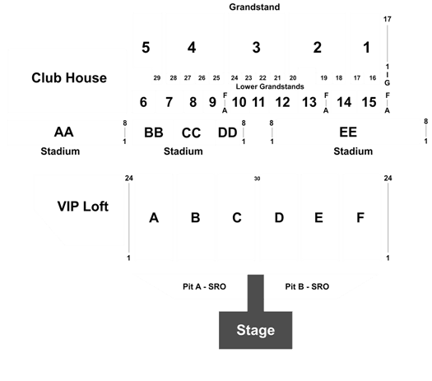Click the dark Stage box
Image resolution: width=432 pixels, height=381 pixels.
tap(255, 330)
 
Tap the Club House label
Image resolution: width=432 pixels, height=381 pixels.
tap(69, 78)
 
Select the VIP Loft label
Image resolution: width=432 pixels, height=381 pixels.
tap(83, 207)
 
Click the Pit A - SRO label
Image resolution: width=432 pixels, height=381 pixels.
tap(204, 286)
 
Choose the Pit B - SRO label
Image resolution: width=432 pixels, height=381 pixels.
tap(307, 286)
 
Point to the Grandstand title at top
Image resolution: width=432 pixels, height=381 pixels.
tap(254, 7)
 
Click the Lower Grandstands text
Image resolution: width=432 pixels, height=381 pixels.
tap(270, 86)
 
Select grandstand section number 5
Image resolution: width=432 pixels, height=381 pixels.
tap(146, 48)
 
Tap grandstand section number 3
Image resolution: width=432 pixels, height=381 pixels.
tap(256, 48)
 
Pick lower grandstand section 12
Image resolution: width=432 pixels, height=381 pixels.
tap(283, 102)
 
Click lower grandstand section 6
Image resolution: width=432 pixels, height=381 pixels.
tap(143, 102)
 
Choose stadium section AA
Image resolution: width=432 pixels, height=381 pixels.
tap(63, 132)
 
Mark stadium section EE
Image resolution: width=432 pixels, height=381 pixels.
tap(348, 132)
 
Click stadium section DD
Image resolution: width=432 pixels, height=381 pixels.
tap(227, 132)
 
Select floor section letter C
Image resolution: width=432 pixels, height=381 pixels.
tap(237, 218)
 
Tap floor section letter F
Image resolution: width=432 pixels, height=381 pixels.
tap(360, 218)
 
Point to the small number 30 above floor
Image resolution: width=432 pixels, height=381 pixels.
tap(257, 179)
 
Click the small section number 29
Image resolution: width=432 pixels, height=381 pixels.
tap(157, 78)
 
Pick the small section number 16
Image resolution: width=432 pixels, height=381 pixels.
tap(373, 78)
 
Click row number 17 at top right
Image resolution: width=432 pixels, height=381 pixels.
tap(388, 19)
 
